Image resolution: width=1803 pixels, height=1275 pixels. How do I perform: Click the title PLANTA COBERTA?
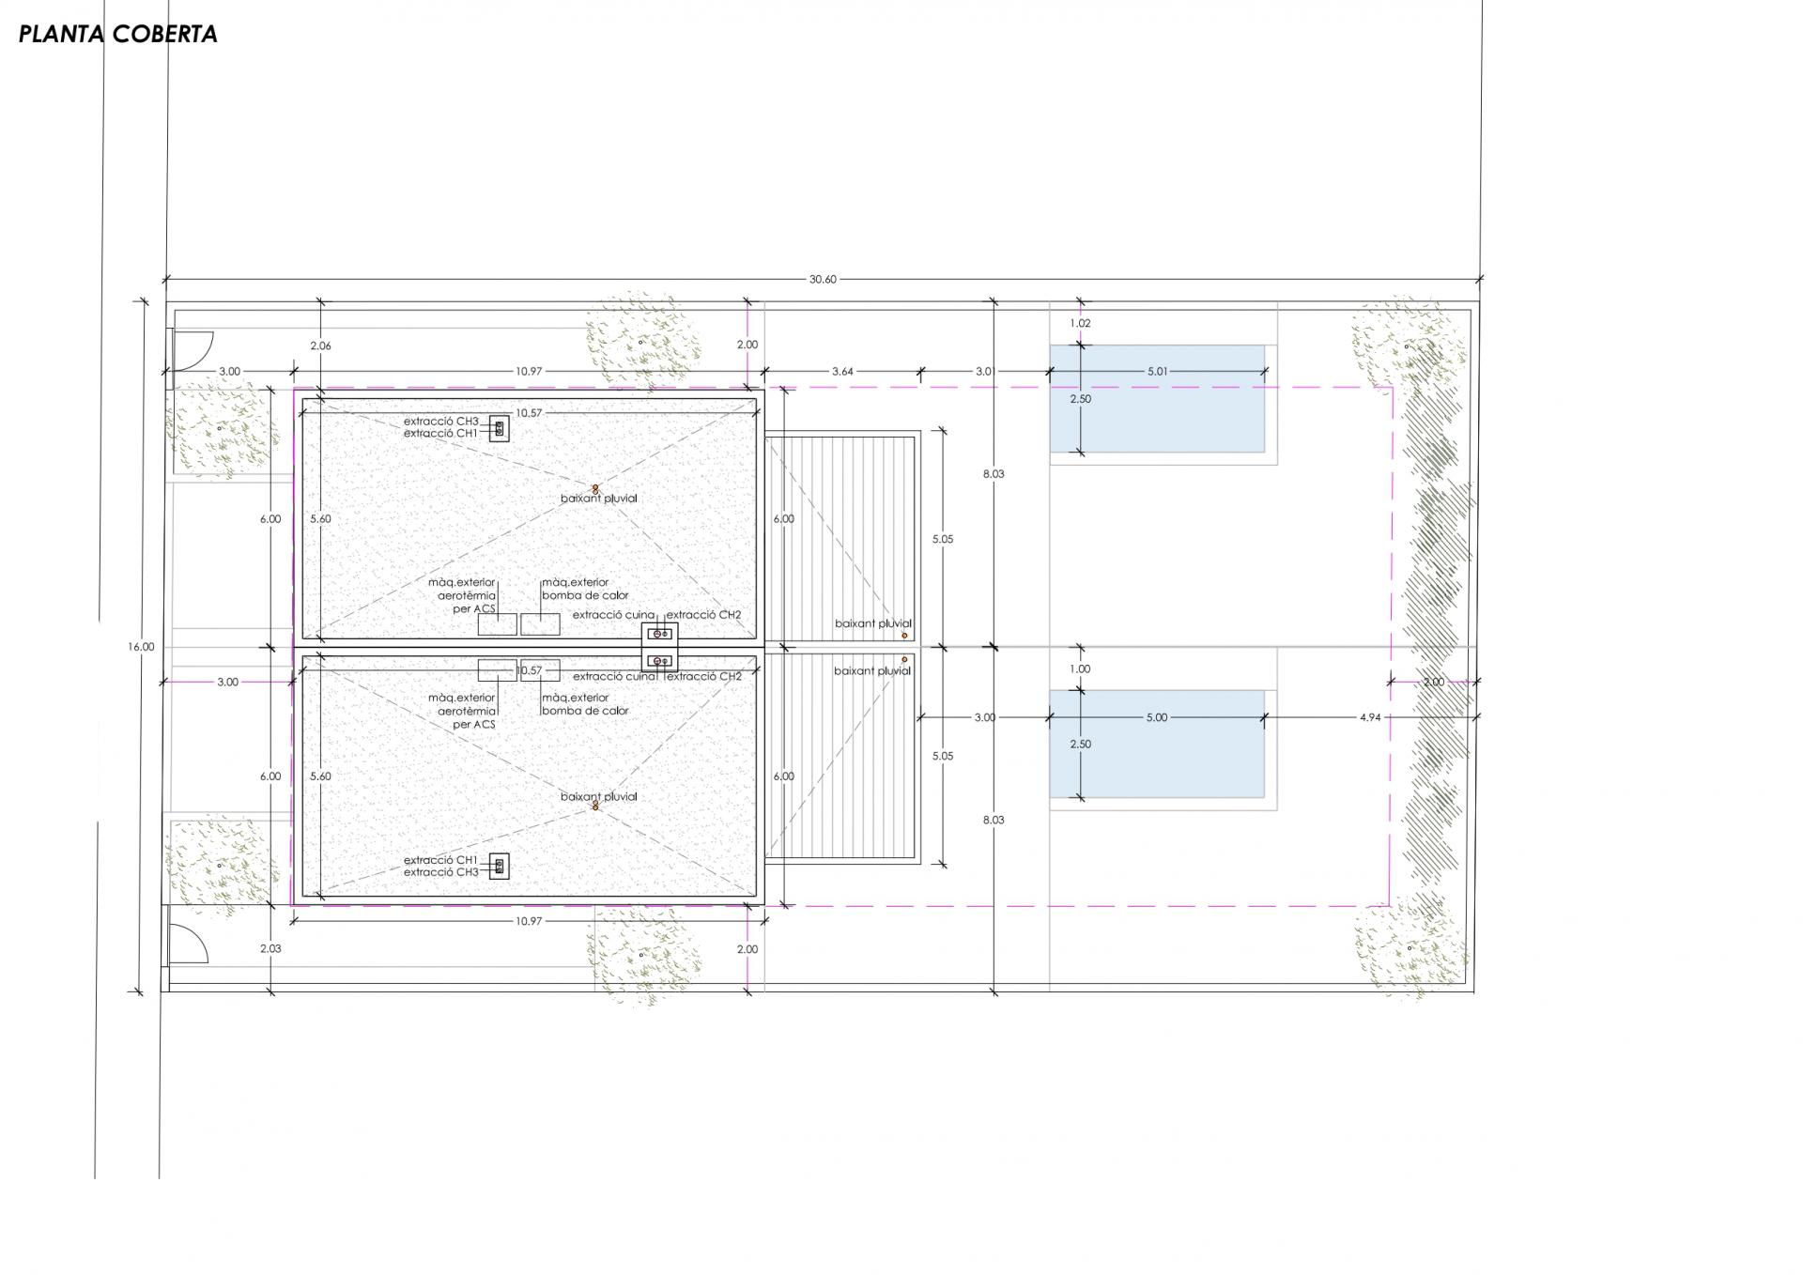[118, 34]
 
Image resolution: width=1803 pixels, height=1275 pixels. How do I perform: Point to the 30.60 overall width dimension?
[822, 279]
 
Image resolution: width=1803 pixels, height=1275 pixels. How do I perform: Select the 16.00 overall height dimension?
[141, 647]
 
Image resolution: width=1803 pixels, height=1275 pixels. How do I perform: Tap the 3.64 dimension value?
[842, 372]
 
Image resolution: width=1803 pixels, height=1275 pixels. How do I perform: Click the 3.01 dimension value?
[983, 372]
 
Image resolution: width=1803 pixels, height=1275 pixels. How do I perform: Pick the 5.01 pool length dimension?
[1157, 372]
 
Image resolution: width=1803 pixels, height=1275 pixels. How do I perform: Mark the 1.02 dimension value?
[1080, 323]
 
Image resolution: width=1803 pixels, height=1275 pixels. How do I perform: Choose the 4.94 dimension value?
[1370, 717]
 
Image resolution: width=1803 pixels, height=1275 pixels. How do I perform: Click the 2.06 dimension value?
[320, 346]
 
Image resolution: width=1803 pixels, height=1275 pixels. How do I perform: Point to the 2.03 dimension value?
[270, 948]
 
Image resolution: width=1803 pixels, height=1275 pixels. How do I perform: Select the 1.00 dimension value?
[1080, 669]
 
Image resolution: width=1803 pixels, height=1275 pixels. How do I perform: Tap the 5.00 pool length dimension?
[1157, 717]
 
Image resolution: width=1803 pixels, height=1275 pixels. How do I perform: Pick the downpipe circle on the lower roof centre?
[594, 806]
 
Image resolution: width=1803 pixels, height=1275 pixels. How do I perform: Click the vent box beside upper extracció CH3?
[499, 428]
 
